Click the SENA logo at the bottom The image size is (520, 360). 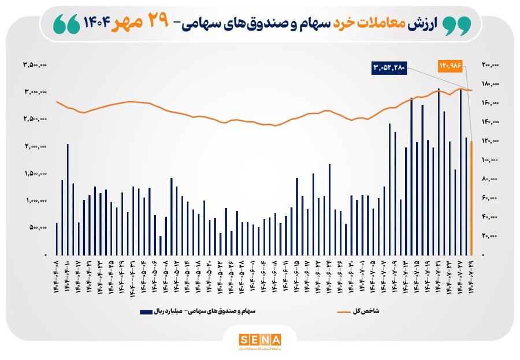[x=259, y=339]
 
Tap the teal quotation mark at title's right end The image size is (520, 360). [x=456, y=23]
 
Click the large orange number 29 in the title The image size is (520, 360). [x=156, y=22]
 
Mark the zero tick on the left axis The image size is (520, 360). [x=46, y=255]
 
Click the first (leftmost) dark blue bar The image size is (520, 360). [x=57, y=239]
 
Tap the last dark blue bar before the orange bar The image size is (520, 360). [x=466, y=196]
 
